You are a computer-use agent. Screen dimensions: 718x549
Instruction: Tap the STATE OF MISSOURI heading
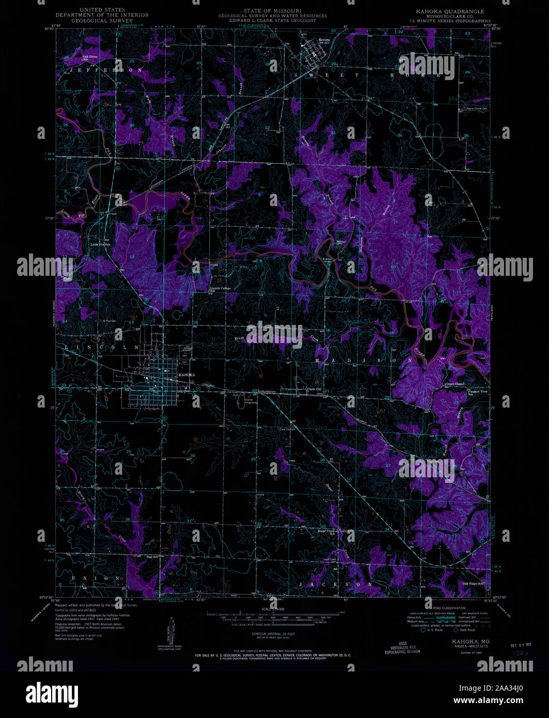273,10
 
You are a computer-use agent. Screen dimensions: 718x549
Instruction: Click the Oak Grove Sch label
89,57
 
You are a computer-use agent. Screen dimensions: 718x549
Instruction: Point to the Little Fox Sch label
101,245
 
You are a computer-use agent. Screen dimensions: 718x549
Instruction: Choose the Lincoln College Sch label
221,289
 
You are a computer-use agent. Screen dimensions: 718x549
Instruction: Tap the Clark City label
315,389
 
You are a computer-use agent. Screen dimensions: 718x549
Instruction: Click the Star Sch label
152,557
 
